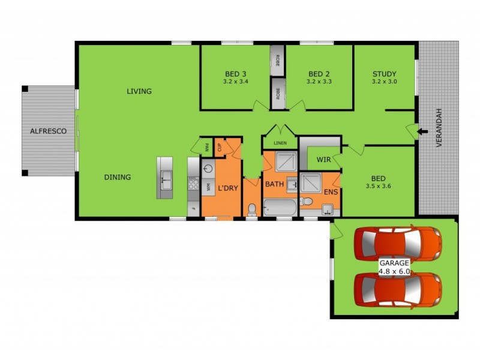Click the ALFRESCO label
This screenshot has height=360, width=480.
(47, 130)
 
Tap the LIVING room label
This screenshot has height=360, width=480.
(139, 91)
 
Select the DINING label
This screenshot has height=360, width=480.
(118, 177)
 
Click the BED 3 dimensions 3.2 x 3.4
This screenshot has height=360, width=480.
(235, 81)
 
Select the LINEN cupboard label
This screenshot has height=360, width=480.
(280, 143)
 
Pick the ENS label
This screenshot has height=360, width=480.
(331, 193)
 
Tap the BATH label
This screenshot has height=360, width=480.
(274, 184)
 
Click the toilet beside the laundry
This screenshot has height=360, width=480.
(252, 209)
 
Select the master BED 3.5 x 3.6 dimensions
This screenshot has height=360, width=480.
(378, 187)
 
